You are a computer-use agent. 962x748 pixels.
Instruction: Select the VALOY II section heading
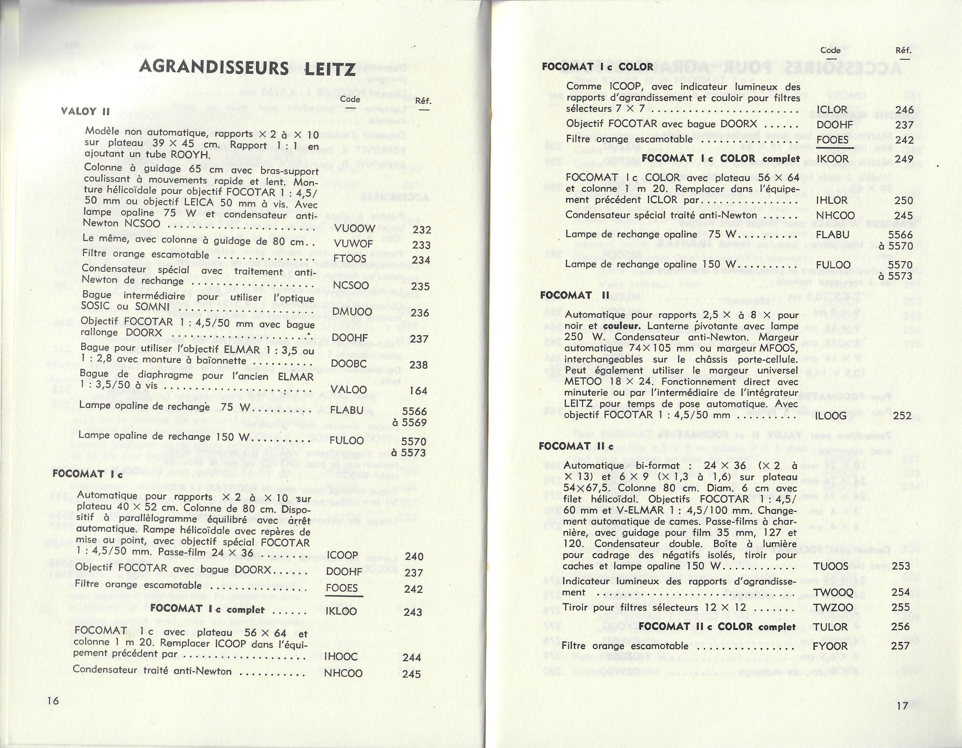pos(85,111)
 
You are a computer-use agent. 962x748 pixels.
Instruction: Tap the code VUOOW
pos(355,228)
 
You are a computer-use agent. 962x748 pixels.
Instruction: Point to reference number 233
pos(421,245)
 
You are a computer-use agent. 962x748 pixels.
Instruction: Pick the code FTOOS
pos(350,259)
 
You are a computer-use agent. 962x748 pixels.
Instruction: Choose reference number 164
pos(418,391)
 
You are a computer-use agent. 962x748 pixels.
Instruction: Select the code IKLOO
pos(341,611)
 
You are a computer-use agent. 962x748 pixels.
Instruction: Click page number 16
pos(53,701)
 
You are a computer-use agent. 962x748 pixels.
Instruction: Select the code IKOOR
pos(832,159)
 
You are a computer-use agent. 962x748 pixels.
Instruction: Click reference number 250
pos(904,201)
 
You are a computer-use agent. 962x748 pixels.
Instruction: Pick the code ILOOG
pos(831,415)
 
